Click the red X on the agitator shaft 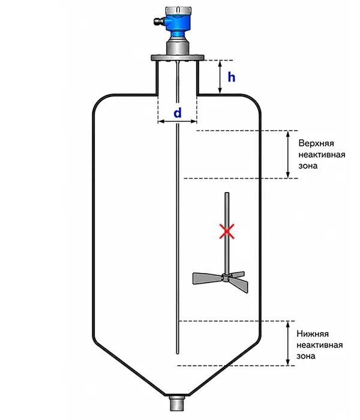(227, 231)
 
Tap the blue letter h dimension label (232, 77)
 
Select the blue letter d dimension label (178, 113)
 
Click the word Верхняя (316, 143)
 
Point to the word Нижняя (313, 334)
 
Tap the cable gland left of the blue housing (158, 21)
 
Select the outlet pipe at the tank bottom (177, 403)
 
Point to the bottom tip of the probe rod (177, 353)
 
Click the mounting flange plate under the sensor (178, 58)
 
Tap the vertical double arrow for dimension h (220, 77)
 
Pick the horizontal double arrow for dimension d (178, 122)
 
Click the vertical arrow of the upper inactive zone (288, 154)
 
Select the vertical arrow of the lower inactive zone (288, 343)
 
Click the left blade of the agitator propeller (208, 278)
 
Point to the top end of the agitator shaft (227, 193)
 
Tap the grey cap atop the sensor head (179, 11)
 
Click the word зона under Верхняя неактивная (308, 166)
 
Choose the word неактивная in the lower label (320, 345)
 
